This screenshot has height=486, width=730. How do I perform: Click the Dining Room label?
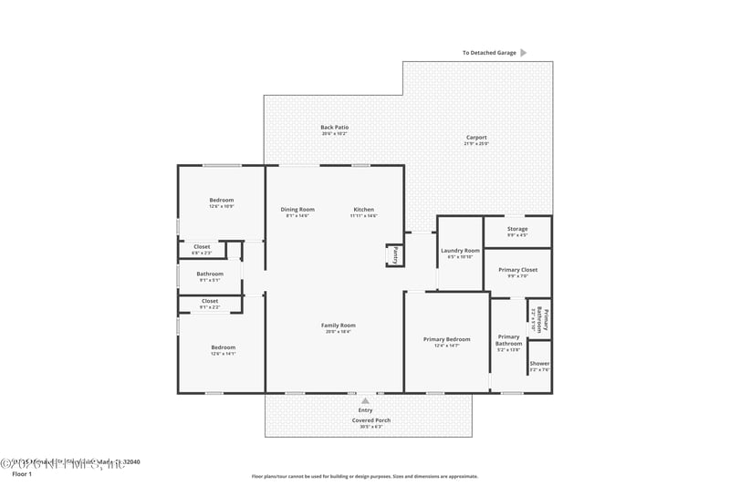297,210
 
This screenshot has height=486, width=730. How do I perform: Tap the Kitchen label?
364,210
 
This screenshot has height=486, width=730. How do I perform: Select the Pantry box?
395,256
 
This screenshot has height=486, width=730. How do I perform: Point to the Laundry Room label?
460,251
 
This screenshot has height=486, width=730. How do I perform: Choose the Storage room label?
517,229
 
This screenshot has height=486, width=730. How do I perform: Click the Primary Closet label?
517,270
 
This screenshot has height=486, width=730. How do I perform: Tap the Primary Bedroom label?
447,340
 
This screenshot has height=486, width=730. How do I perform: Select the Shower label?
539,364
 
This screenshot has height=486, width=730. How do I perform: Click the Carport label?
476,138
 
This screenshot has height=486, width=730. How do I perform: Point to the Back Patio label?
334,128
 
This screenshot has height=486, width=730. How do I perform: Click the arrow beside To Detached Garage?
524,53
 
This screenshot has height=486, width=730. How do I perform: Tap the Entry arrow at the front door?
365,400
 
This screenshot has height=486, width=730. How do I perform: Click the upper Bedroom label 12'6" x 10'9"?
222,201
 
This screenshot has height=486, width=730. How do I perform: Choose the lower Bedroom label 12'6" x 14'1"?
223,347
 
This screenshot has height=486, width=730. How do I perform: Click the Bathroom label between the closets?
210,274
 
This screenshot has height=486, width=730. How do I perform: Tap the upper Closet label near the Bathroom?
202,246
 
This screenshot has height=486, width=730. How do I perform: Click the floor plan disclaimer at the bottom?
364,476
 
